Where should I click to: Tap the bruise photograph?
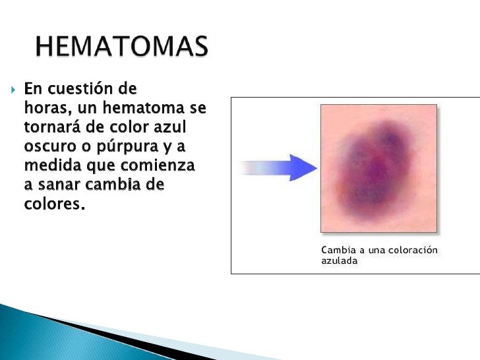(x=378, y=168)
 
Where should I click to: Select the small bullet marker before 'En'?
(x=13, y=88)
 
